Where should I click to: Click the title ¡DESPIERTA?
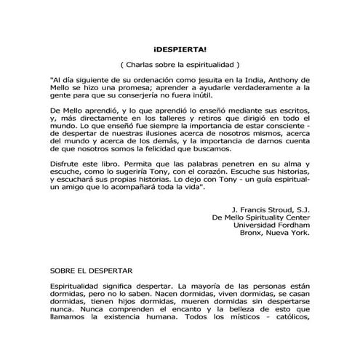pos(180,48)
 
